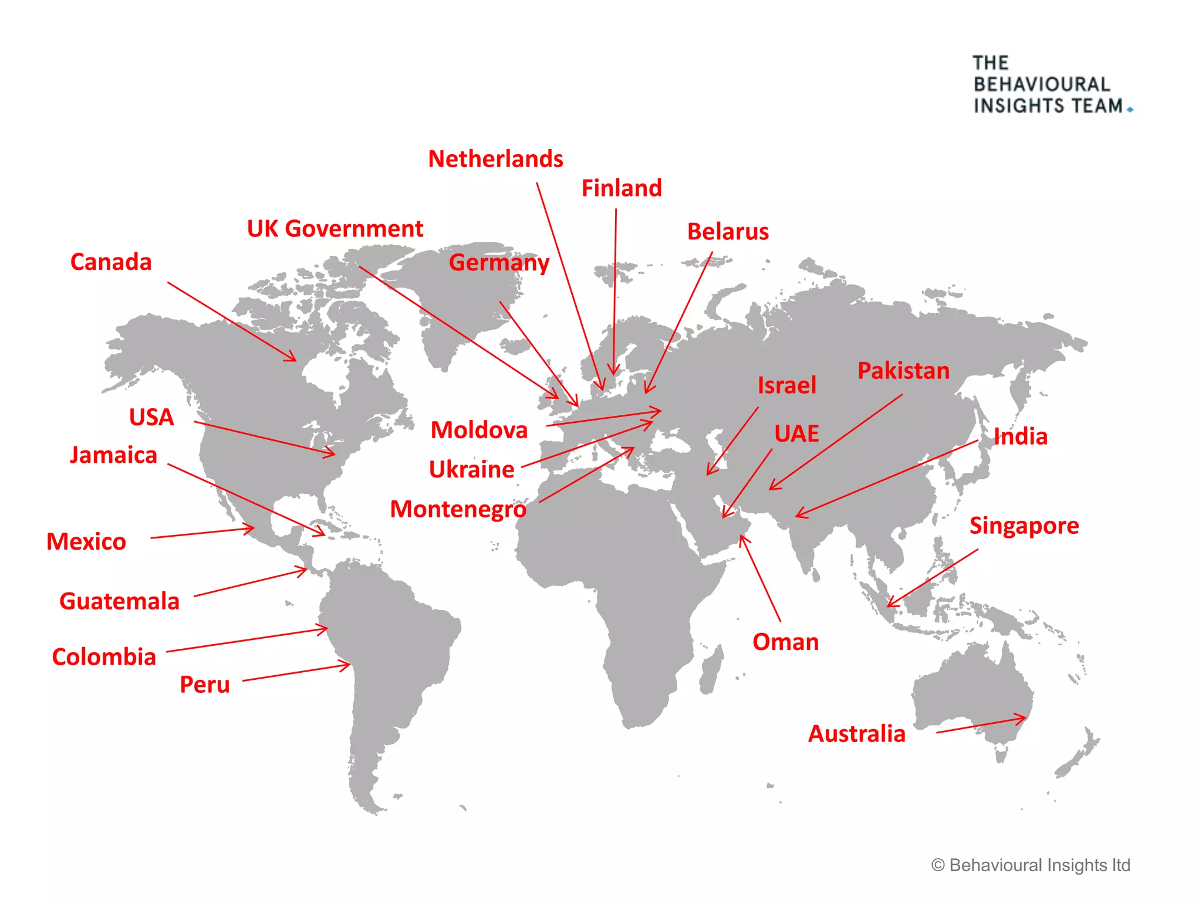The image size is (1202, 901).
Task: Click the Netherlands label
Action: (495, 159)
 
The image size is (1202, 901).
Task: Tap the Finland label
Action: (622, 188)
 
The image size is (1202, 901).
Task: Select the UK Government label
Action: (335, 229)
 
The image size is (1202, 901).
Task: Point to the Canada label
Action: (111, 262)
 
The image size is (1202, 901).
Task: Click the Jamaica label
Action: (114, 455)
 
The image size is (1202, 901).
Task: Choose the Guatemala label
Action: (119, 601)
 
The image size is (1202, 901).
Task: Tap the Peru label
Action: (204, 685)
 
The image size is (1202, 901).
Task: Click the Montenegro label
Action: (458, 509)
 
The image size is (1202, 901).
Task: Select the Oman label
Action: (785, 642)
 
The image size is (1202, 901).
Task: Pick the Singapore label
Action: (1024, 526)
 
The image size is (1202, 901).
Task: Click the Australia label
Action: (857, 734)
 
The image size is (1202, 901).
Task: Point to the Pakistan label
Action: (903, 371)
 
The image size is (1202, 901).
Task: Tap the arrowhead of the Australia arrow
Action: (1024, 717)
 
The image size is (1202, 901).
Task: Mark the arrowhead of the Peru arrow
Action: (347, 665)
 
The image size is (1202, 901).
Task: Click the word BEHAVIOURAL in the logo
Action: (1042, 84)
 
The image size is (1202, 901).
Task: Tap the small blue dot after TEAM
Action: (1130, 110)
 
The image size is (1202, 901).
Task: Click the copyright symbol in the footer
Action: (938, 865)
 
